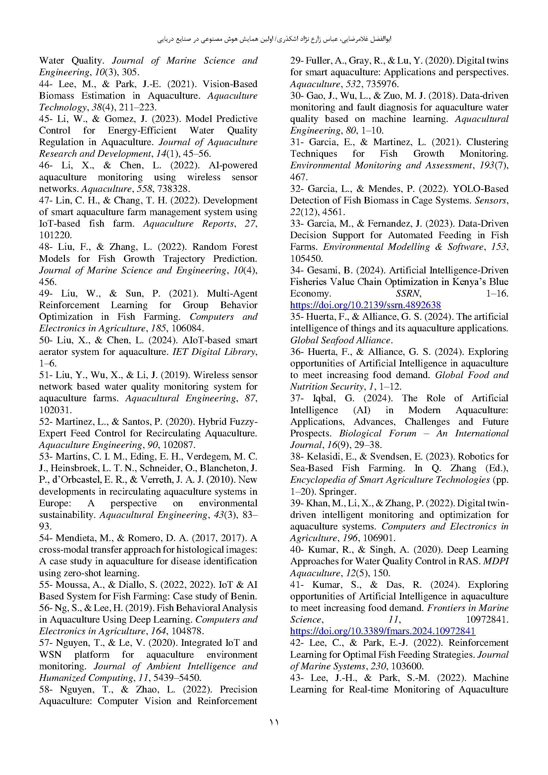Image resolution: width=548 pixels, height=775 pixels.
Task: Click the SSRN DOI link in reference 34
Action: click(365, 305)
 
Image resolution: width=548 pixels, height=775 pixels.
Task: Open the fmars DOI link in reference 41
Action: click(383, 631)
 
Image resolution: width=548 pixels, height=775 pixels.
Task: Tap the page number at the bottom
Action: click(274, 722)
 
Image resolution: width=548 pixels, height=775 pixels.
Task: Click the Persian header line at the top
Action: click(274, 39)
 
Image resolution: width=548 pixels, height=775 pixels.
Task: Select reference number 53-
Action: click(46, 456)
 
